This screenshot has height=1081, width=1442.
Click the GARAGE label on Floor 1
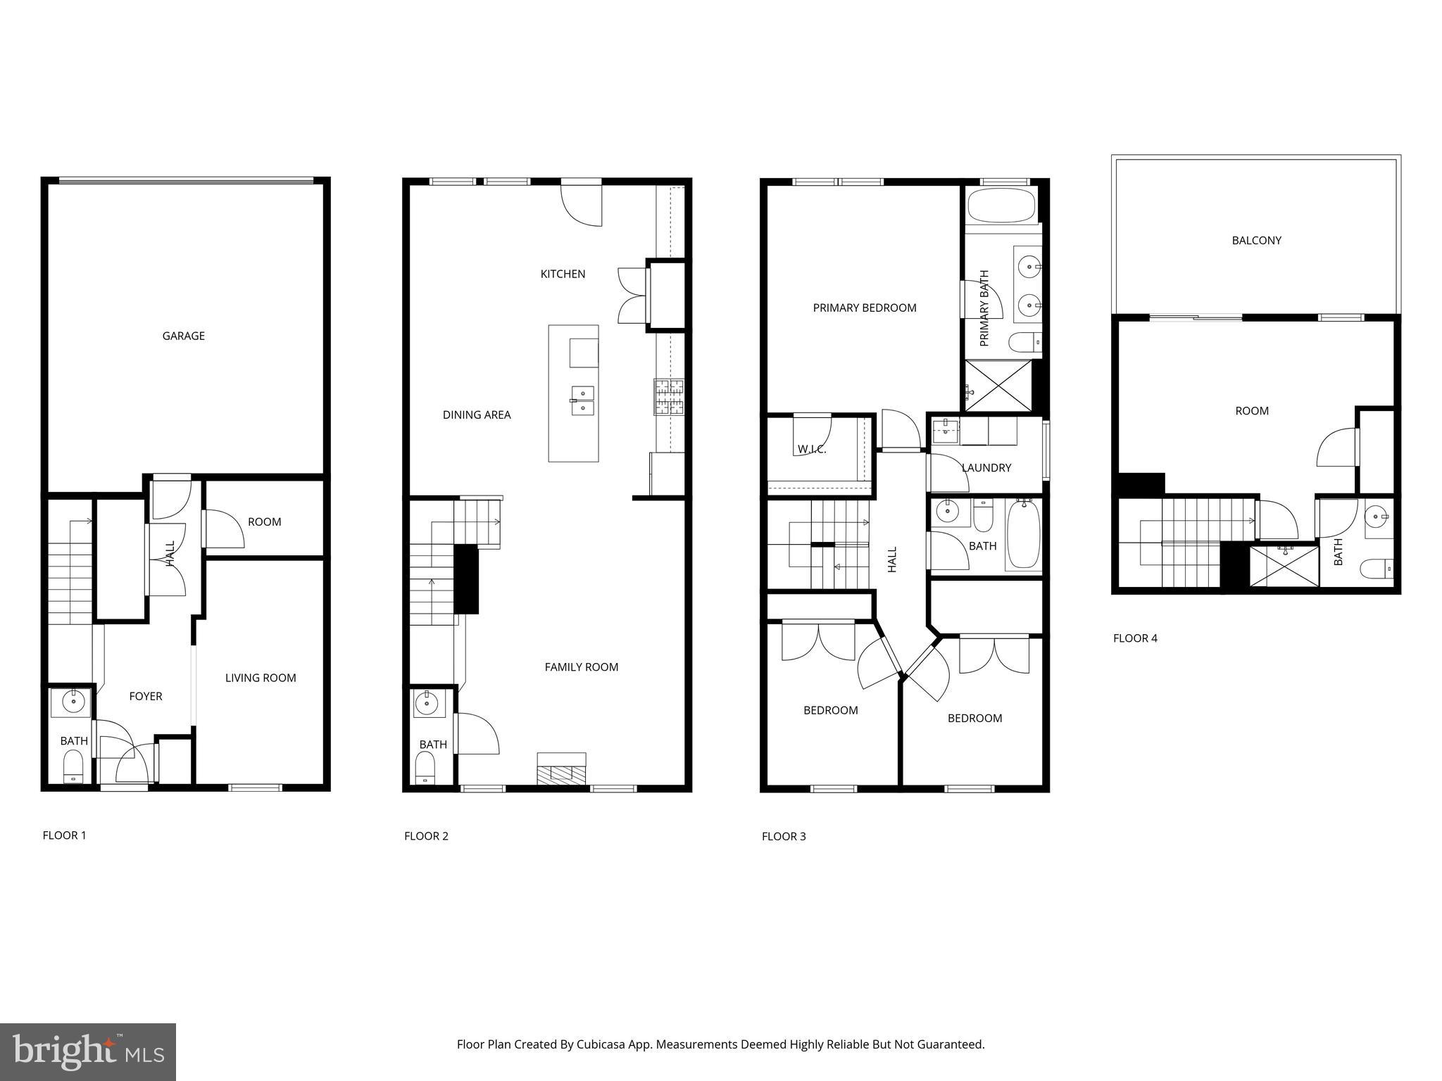pos(183,336)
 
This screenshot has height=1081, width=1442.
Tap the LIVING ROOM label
pos(261,678)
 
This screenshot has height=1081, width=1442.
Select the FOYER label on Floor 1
pos(146,696)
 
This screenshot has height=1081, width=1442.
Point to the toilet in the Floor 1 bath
pos(73,766)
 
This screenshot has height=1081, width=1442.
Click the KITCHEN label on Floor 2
pos(563,274)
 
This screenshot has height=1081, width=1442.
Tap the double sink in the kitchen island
pos(582,400)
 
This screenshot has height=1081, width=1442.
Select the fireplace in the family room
pos(561,769)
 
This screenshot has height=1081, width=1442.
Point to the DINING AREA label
pos(477,415)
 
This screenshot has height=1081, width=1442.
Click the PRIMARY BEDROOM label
pos(865,308)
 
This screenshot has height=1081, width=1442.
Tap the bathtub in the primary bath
pos(1001,206)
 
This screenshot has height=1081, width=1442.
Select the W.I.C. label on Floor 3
pos(812,449)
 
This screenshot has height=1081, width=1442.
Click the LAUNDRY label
pos(986,467)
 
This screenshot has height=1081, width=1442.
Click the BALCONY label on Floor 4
pos(1256,240)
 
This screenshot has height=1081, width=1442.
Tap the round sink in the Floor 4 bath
pos(1375,518)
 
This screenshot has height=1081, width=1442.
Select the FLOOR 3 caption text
pos(784,836)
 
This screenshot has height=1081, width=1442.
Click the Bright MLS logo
pos(88,1051)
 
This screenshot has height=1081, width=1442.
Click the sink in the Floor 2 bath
pos(426,702)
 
